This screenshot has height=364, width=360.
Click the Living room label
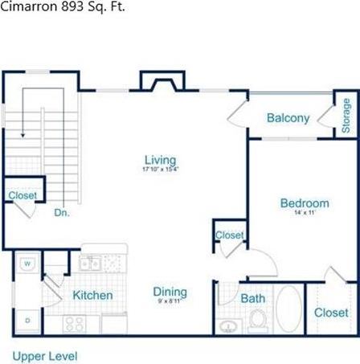[160, 160]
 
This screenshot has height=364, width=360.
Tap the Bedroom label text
[305, 203]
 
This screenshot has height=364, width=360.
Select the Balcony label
[288, 118]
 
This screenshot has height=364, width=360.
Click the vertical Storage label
[346, 117]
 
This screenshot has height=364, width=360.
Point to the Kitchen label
[92, 295]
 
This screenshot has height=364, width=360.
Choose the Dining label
[170, 292]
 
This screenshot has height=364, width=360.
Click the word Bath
[253, 298]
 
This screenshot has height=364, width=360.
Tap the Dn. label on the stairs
[61, 214]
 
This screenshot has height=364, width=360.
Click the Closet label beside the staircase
[23, 195]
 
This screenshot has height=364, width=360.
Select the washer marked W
[27, 263]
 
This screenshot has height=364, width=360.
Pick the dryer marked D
[27, 320]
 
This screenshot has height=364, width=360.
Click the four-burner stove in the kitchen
[75, 324]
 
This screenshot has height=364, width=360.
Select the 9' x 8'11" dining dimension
[170, 303]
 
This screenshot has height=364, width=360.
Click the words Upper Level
[44, 354]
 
